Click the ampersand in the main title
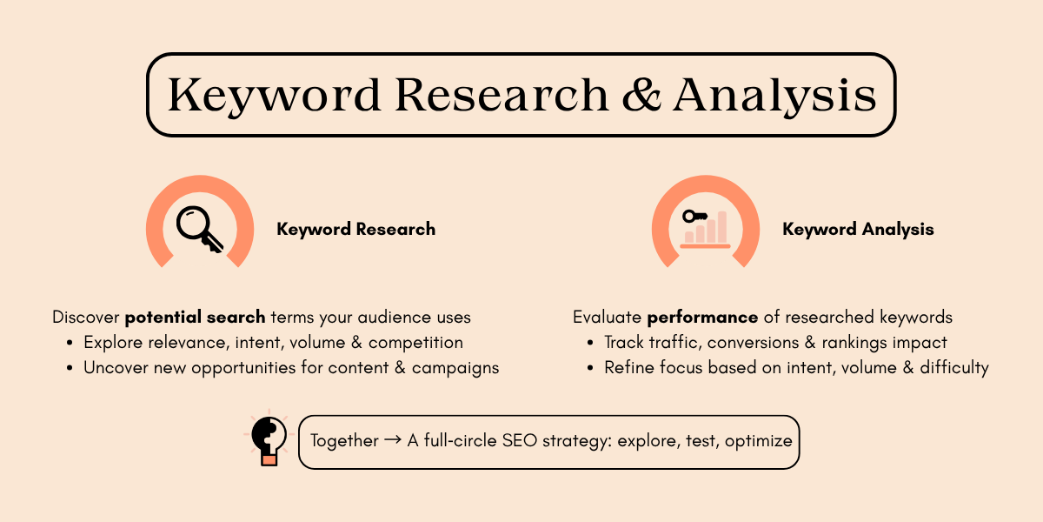pos(641,95)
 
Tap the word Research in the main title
pos(502,95)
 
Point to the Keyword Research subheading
pos(355,230)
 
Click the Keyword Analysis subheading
pos(858,230)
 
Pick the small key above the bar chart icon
pos(694,217)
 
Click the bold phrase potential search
pos(196,317)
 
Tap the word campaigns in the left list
pos(455,367)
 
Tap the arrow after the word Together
pos(392,440)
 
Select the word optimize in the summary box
pos(758,440)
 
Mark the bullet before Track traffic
pos(591,343)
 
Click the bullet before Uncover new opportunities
pos(70,368)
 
